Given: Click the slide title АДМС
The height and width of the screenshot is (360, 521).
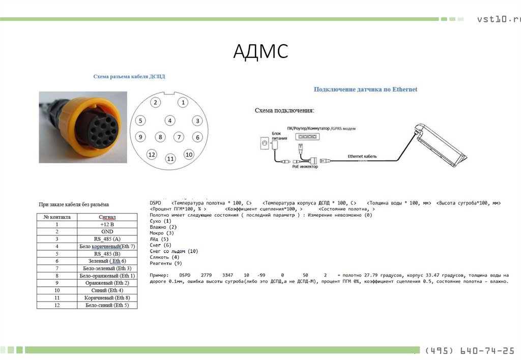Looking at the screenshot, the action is pyautogui.click(x=260, y=51).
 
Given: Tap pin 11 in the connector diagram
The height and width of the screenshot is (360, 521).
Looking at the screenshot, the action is pyautogui.click(x=170, y=159).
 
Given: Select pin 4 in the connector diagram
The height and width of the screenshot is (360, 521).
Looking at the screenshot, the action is pyautogui.click(x=170, y=121).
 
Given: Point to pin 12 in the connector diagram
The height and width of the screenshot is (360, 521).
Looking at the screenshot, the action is pyautogui.click(x=151, y=154).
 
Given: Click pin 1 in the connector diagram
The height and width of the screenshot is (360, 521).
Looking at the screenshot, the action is pyautogui.click(x=182, y=102).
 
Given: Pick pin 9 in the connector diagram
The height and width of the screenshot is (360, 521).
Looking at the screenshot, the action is pyautogui.click(x=141, y=137).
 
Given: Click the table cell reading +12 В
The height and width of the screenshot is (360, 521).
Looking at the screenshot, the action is pyautogui.click(x=107, y=224).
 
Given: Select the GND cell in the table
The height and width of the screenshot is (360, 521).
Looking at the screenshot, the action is pyautogui.click(x=107, y=231).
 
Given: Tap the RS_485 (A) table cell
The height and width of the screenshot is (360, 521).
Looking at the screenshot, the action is pyautogui.click(x=107, y=239).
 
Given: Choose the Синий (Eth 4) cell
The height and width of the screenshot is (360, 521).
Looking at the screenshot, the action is pyautogui.click(x=107, y=290).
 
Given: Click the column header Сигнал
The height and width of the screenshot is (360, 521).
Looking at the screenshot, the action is pyautogui.click(x=107, y=217).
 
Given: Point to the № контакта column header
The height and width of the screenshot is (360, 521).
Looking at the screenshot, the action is pyautogui.click(x=57, y=217).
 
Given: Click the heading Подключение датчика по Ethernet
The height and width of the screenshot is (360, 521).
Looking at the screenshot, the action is pyautogui.click(x=365, y=89).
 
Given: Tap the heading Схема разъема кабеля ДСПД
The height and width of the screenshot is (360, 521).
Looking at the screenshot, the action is pyautogui.click(x=129, y=76).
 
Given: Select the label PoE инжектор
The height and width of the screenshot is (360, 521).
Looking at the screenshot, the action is pyautogui.click(x=305, y=166).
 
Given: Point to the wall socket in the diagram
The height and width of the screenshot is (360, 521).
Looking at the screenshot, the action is pyautogui.click(x=264, y=144).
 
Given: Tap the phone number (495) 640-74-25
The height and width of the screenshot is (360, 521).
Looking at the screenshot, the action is pyautogui.click(x=469, y=351).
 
